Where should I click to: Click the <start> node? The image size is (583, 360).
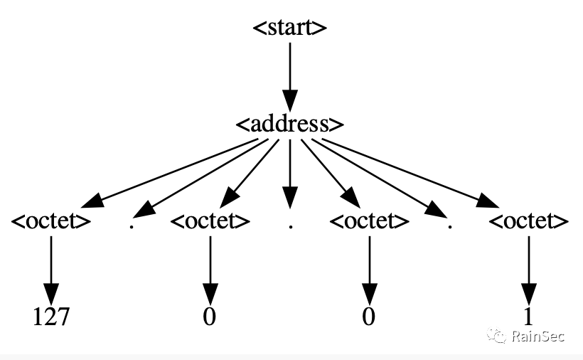coord(290,28)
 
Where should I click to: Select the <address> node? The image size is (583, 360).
coord(290,124)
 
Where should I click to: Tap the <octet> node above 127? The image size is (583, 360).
coord(51,221)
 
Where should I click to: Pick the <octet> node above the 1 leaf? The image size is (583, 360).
coord(529,221)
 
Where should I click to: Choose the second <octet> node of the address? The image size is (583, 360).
coord(210,221)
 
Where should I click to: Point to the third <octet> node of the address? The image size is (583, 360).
coord(370,221)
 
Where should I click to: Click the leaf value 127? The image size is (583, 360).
coord(51,317)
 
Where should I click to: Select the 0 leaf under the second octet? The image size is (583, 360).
coord(210,317)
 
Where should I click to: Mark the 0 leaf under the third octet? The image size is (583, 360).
coord(368,317)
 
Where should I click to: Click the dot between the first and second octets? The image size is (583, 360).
coord(132,226)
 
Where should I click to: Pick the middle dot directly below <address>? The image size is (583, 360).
coord(291,226)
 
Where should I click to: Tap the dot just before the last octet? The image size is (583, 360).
coord(450,226)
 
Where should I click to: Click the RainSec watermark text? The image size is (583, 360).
coord(538,336)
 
